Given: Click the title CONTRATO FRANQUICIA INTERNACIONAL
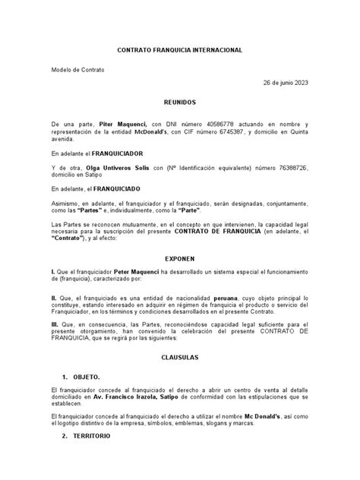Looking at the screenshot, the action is [179, 49].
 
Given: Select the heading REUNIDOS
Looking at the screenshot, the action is [180, 100].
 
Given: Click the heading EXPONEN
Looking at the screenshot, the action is [180, 257].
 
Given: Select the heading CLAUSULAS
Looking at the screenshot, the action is [180, 355].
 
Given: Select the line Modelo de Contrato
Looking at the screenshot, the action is [77, 70].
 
